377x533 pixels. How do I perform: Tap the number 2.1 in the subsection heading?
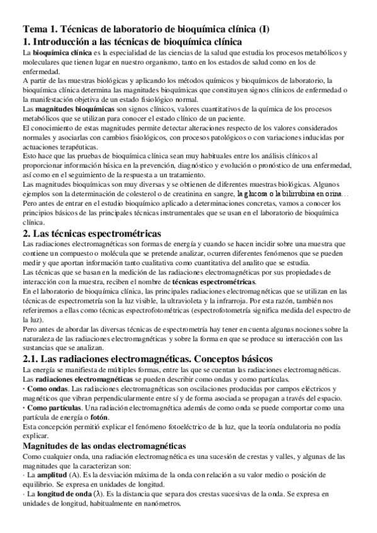tap(32, 360)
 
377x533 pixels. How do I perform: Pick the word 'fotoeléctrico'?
tap(188, 428)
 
